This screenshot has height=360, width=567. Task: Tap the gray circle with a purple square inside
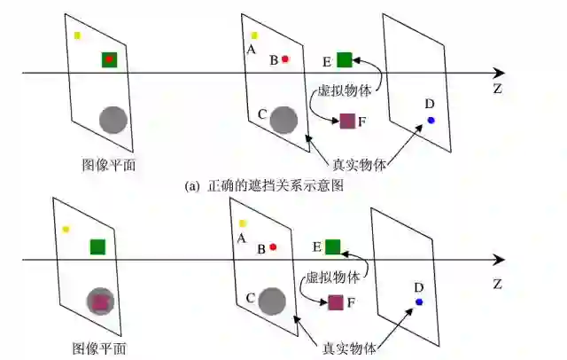point(100,301)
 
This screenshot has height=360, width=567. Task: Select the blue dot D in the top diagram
point(431,120)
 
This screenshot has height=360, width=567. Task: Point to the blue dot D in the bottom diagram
point(419,302)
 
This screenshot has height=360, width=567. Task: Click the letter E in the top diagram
point(326,61)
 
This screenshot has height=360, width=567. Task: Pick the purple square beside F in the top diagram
point(348,121)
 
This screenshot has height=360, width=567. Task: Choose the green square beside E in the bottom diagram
point(333,247)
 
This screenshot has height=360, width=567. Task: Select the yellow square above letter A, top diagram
point(254,35)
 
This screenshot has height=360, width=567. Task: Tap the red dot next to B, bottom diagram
point(273,247)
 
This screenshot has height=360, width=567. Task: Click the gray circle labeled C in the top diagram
point(283,120)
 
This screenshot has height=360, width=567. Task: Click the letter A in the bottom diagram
point(240,238)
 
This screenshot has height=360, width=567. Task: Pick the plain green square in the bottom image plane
point(97,247)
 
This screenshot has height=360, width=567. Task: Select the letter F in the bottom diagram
point(351,303)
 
